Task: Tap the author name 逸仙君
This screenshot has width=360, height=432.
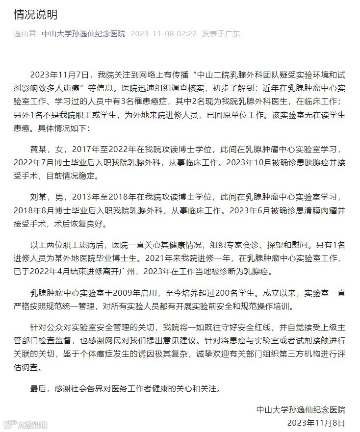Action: pos(23,34)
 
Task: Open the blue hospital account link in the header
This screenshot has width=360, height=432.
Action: pos(83,34)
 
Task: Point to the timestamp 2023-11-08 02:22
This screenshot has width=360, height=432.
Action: pos(164,34)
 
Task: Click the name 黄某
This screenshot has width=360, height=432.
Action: pos(39,149)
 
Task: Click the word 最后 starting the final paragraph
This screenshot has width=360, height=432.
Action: pos(39,389)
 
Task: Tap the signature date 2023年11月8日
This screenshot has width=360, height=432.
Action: pos(316,423)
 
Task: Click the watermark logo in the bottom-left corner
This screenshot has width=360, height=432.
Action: pos(9,424)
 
